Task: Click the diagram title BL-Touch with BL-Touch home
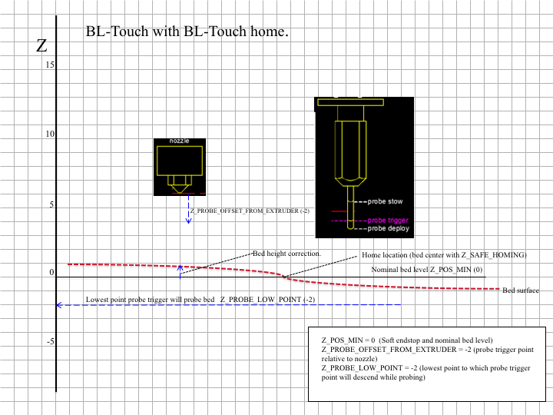[187, 32]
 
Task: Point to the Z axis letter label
[41, 45]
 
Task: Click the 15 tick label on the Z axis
[50, 65]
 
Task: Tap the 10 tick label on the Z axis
[50, 134]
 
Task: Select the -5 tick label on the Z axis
[51, 341]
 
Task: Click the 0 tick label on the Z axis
[52, 272]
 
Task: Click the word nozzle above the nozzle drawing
[179, 141]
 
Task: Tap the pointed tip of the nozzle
[180, 193]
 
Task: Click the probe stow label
[385, 201]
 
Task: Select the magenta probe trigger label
[388, 221]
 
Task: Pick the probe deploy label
[389, 229]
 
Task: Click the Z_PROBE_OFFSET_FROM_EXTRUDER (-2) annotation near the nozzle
[250, 211]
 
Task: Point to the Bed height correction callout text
[286, 254]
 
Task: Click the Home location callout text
[444, 255]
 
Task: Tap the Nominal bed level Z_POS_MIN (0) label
[427, 270]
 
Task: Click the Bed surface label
[521, 290]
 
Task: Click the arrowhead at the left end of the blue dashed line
[59, 305]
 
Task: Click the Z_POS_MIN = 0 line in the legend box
[407, 340]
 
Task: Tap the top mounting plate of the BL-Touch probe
[350, 102]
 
